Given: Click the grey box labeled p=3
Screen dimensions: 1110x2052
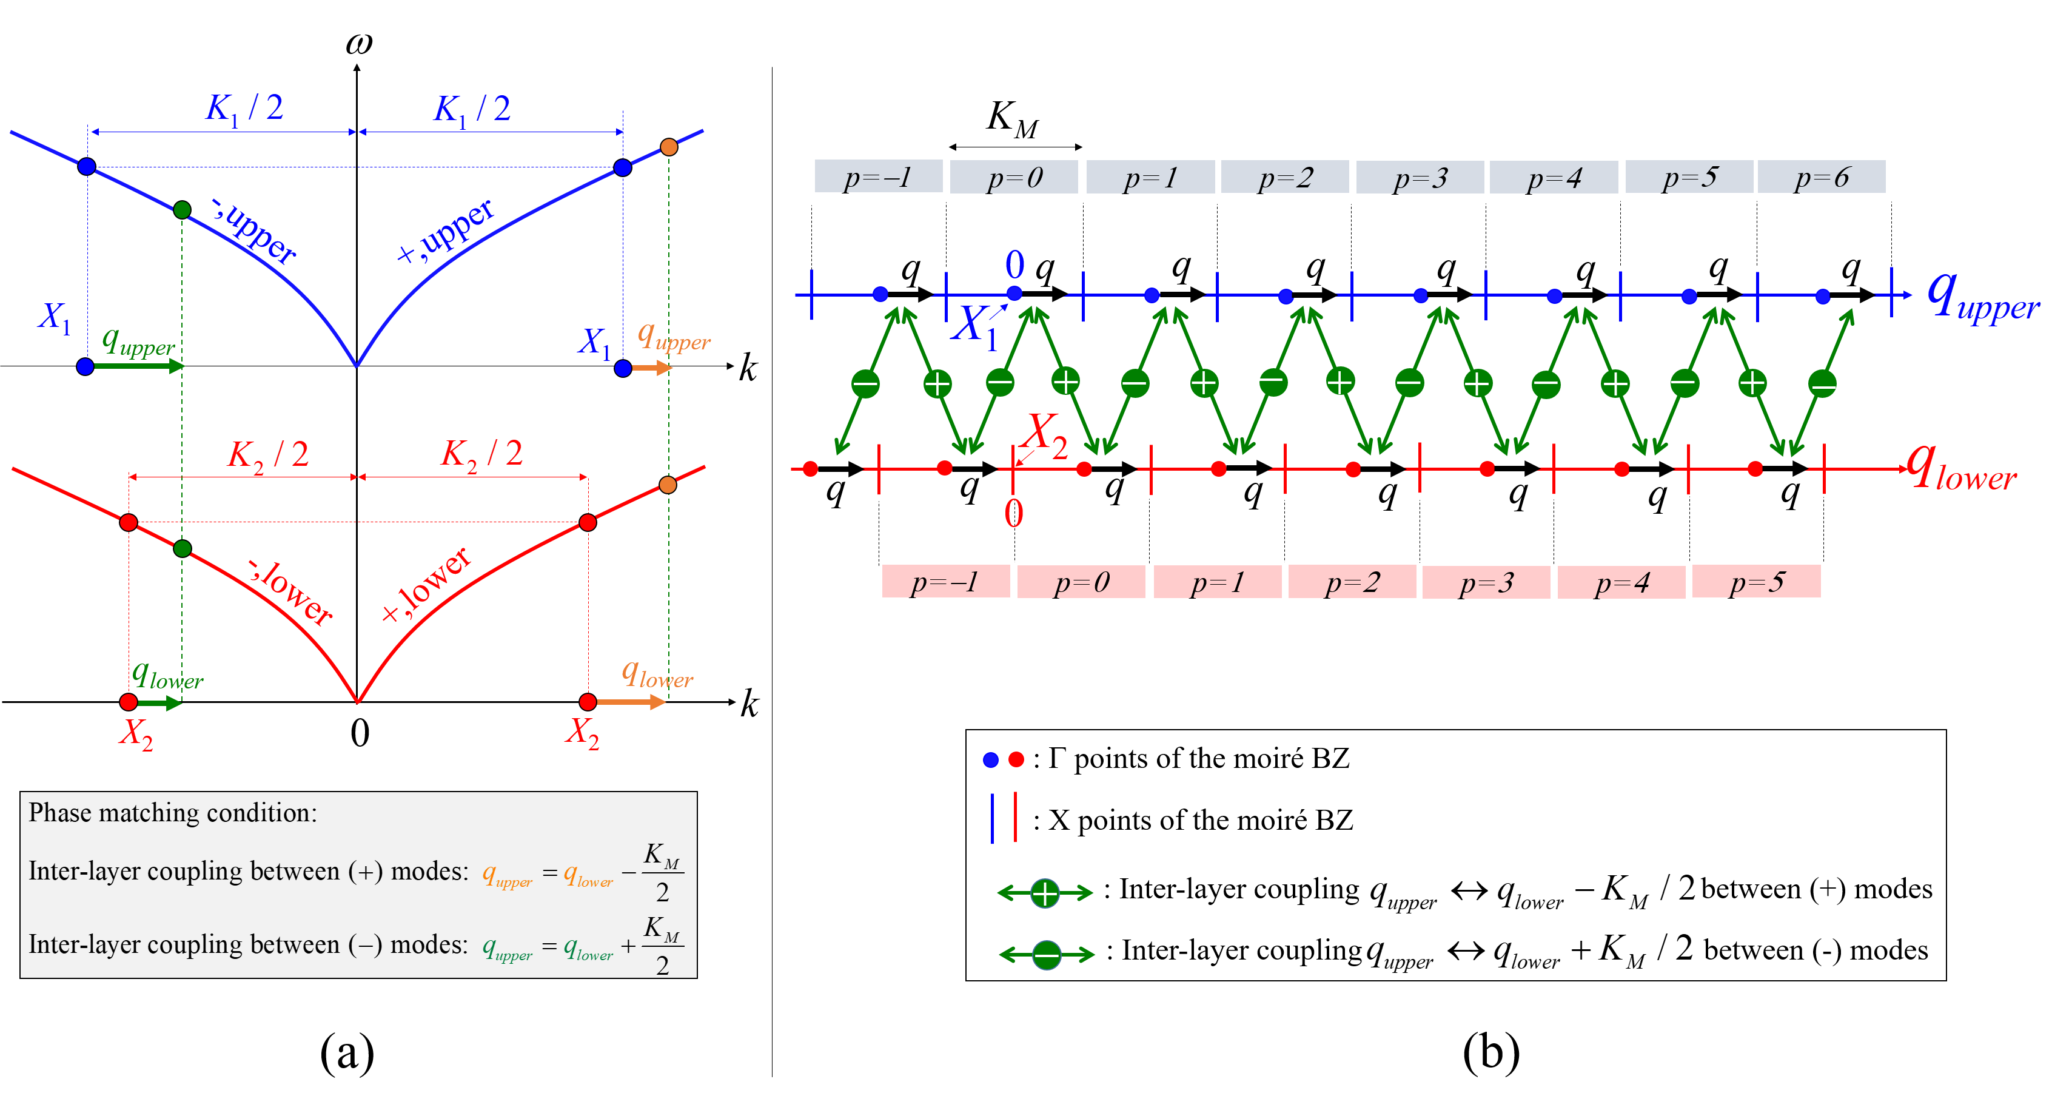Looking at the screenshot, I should coord(1420,177).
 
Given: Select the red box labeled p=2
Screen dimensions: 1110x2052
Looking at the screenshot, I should coord(1352,582).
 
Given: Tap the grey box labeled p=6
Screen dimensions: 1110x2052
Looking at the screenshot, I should coord(1822,177).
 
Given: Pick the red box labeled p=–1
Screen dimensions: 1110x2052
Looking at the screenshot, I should coord(945,582).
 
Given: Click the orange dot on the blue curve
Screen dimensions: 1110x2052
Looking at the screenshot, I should coord(669,147).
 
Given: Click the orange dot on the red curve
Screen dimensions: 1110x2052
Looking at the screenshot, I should coord(668,485).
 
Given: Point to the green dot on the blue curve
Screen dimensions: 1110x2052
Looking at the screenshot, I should coord(182,210).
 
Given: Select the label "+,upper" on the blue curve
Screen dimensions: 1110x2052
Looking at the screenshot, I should coord(447,231).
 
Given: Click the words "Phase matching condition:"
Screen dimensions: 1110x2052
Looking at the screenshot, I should coord(173,813).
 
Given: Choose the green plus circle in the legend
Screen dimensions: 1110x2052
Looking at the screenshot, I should coord(1045,893).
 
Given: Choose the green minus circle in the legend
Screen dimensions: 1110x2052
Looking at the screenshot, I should coord(1047,955).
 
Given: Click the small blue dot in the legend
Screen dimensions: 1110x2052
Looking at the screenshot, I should coord(991,759).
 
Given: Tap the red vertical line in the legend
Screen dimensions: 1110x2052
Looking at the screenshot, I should coord(1016,817).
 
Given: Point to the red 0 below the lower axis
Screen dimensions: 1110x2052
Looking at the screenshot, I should coord(1013,514).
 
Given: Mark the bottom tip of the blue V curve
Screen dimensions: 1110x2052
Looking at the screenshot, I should coord(356,366).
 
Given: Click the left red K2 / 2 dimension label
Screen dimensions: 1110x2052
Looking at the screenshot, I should coord(269,454).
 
